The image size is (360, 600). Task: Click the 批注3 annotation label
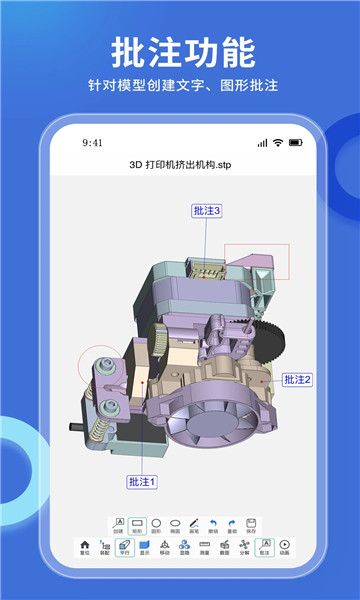(x=206, y=211)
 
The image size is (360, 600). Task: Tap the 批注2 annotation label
(x=298, y=379)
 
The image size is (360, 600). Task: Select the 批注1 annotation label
(x=142, y=482)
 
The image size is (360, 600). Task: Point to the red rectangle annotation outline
(x=256, y=262)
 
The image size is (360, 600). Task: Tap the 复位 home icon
(x=85, y=546)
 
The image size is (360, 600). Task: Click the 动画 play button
(x=284, y=546)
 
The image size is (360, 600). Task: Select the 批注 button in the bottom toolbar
(x=264, y=546)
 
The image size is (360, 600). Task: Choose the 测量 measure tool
(x=204, y=546)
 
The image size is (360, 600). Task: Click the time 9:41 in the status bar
(x=93, y=143)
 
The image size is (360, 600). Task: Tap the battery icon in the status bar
(x=294, y=143)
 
